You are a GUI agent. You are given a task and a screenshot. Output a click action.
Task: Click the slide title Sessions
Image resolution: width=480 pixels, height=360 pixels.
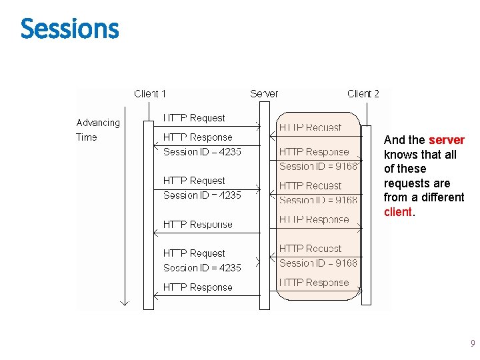pyautogui.click(x=69, y=29)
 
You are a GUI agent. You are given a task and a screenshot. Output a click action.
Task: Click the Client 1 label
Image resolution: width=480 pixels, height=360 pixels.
pyautogui.click(x=150, y=94)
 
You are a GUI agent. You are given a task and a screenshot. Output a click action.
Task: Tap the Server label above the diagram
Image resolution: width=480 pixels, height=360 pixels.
pyautogui.click(x=264, y=94)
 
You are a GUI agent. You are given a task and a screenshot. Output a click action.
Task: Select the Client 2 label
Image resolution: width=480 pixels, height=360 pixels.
pyautogui.click(x=363, y=94)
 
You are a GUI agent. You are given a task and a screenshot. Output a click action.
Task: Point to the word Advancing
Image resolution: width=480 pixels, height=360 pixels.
pyautogui.click(x=98, y=123)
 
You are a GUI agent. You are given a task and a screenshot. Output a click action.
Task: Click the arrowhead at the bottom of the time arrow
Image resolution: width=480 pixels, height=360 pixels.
pyautogui.click(x=123, y=302)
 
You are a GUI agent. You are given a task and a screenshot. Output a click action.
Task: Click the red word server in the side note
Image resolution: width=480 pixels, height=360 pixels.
pyautogui.click(x=446, y=140)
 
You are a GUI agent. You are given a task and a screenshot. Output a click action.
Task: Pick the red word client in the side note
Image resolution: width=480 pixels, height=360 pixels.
pyautogui.click(x=399, y=212)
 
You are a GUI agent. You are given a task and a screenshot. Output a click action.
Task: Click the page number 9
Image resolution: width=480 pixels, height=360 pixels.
pyautogui.click(x=473, y=344)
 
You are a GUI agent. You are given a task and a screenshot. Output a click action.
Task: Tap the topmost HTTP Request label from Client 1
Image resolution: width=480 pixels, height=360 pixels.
pyautogui.click(x=194, y=118)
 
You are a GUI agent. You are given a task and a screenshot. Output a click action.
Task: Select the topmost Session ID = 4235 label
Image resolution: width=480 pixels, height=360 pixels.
pyautogui.click(x=202, y=152)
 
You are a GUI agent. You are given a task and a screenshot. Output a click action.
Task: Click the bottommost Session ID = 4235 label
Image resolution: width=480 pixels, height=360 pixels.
pyautogui.click(x=202, y=268)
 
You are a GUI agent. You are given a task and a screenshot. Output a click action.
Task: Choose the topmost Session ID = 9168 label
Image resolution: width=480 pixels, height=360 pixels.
pyautogui.click(x=318, y=167)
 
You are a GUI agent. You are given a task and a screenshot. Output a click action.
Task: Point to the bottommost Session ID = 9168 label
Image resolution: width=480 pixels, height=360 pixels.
pyautogui.click(x=318, y=263)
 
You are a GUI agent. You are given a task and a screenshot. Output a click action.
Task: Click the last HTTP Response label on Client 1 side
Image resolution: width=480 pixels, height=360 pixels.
pyautogui.click(x=197, y=287)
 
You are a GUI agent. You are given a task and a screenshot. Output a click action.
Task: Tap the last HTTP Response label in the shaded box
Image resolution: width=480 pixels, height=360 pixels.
pyautogui.click(x=313, y=283)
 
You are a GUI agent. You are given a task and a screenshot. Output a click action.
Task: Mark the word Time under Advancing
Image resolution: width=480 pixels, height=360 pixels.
pyautogui.click(x=87, y=137)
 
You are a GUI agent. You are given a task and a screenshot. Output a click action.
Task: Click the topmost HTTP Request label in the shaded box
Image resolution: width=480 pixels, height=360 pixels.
pyautogui.click(x=310, y=127)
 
